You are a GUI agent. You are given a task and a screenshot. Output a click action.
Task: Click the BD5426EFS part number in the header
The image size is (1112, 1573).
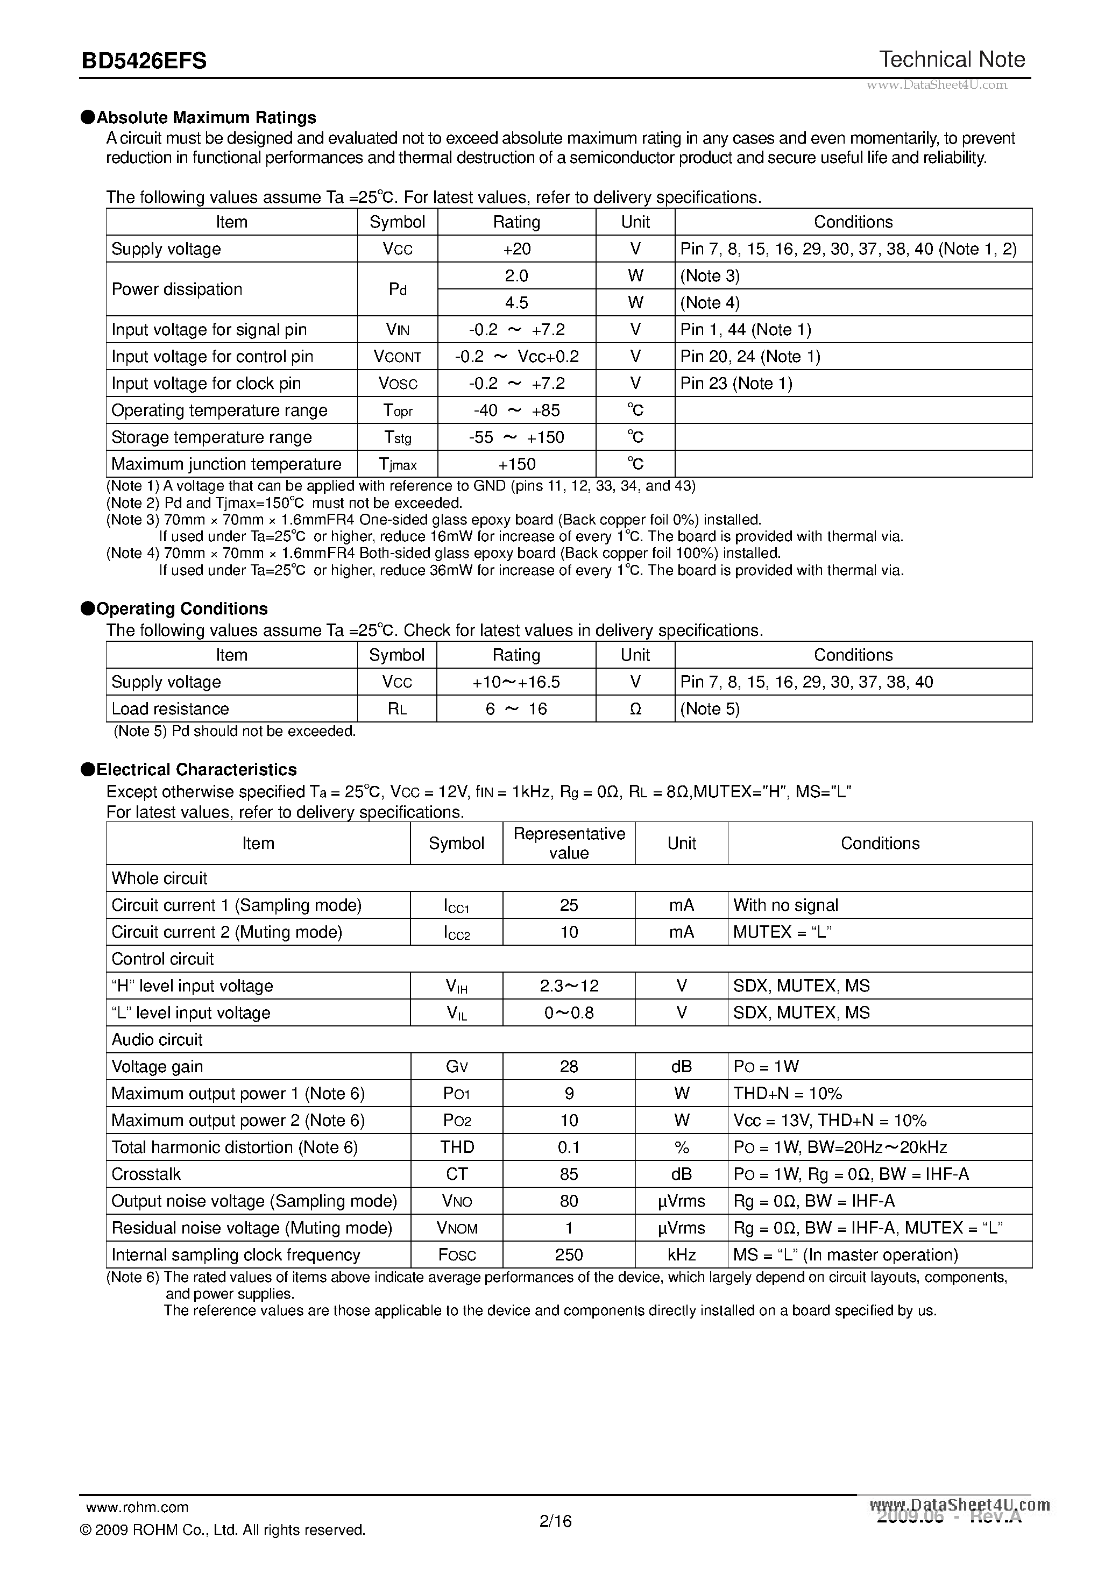144,62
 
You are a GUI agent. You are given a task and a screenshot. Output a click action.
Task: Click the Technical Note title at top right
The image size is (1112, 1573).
952,60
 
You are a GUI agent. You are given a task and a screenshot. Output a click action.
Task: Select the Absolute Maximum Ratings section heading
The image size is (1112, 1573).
206,117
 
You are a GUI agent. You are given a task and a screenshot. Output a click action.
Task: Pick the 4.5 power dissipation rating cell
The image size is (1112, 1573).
516,303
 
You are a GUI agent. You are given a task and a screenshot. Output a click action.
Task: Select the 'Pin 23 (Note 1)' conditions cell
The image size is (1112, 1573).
736,384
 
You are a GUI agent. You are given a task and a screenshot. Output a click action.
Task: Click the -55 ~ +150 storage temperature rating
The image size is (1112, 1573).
516,438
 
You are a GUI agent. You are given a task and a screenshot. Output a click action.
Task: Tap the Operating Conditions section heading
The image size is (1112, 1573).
181,609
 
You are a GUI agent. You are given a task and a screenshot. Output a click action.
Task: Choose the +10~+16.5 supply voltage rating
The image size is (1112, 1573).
516,682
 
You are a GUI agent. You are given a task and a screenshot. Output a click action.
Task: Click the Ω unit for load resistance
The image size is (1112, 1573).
635,709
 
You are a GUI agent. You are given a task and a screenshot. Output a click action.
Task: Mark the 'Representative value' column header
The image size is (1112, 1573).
569,844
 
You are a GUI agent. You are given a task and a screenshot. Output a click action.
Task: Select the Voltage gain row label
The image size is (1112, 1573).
157,1067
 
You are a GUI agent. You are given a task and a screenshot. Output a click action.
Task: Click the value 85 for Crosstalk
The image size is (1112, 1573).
569,1174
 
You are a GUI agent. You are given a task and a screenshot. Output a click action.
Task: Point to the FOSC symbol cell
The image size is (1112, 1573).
456,1255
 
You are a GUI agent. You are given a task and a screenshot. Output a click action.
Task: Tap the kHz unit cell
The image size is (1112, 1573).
681,1255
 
